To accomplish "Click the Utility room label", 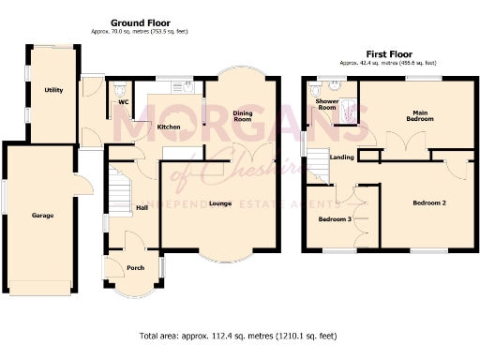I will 53,90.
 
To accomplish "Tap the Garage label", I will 42,215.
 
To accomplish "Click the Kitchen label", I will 169,127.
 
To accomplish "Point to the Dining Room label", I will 243,117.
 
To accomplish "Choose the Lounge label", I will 220,202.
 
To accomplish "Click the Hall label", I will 142,207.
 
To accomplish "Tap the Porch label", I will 135,267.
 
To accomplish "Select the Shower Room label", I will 327,104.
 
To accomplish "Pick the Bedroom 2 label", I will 429,202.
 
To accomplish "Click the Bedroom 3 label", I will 336,219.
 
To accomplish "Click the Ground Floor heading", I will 140,22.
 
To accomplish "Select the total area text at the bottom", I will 239,335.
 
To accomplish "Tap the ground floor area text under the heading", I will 140,31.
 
